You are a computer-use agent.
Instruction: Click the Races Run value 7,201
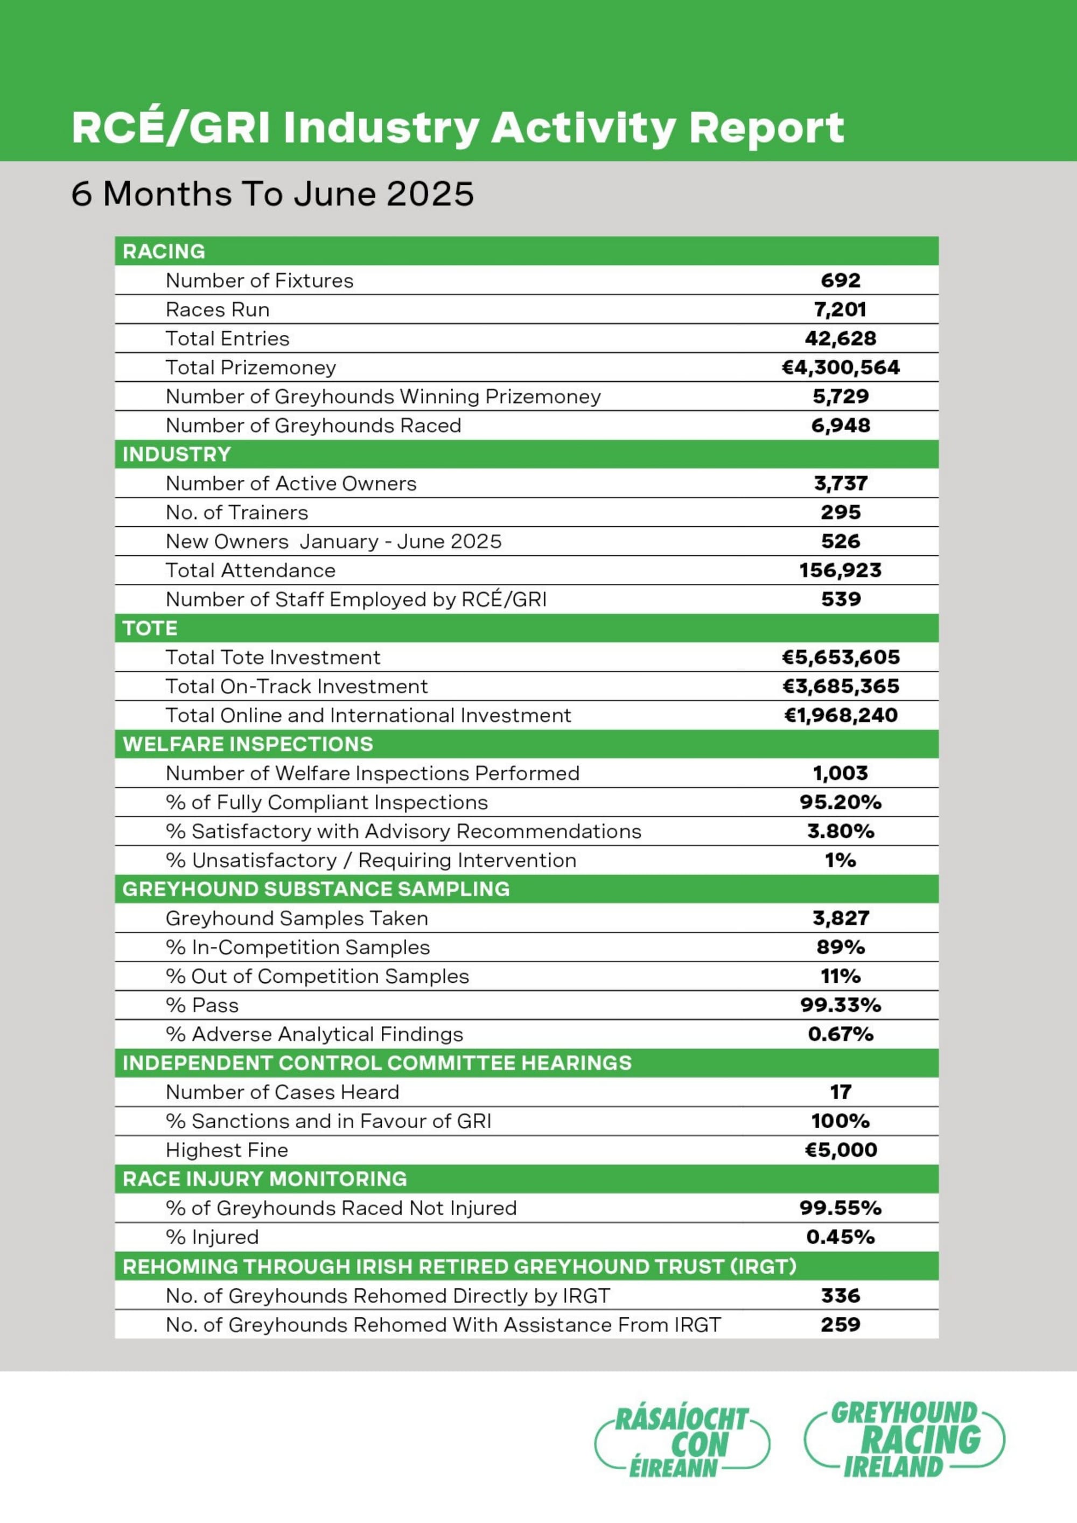tap(840, 309)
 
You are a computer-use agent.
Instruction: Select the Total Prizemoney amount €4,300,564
tap(840, 367)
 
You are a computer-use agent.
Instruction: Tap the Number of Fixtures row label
tap(260, 281)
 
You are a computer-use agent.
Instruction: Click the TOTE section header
tap(149, 628)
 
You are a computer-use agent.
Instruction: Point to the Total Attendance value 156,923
tap(840, 570)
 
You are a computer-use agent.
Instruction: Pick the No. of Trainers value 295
tap(840, 512)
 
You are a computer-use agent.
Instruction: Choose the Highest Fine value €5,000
tap(840, 1150)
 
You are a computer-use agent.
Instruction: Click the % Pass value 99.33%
tap(840, 1005)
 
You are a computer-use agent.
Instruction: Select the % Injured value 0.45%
tap(840, 1237)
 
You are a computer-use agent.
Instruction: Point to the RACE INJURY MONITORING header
tap(264, 1179)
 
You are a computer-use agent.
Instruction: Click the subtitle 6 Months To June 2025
tap(272, 194)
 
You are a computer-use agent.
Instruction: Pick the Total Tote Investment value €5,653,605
tap(840, 658)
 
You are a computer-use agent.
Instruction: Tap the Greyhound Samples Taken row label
tap(296, 918)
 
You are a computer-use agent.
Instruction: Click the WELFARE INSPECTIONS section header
tap(248, 744)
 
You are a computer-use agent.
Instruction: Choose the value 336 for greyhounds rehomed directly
tap(840, 1296)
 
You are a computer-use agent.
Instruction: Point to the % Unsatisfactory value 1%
tap(840, 861)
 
